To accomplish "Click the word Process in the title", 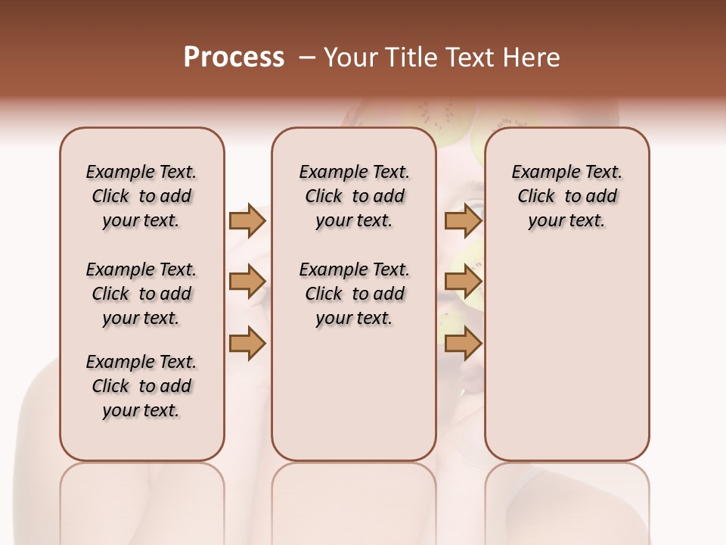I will click(234, 57).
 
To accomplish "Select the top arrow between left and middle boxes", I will click(247, 220).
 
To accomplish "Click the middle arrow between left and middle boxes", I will click(247, 282).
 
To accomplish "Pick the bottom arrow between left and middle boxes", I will click(247, 343).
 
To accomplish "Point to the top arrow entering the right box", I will click(463, 220).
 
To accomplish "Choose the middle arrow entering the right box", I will click(463, 282).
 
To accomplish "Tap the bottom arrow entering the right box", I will click(463, 343).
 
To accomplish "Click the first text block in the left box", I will click(141, 196).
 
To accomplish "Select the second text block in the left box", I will click(141, 294).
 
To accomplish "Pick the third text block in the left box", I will click(141, 386).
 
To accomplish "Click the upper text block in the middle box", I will click(354, 196).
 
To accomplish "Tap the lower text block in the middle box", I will click(354, 294).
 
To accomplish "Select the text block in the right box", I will click(566, 196).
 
